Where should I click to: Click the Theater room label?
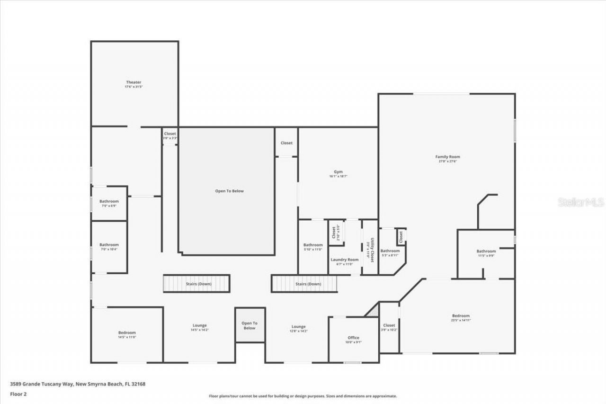click(x=134, y=83)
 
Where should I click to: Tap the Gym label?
click(x=338, y=172)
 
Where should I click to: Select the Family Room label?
click(x=447, y=157)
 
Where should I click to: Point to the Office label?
click(x=353, y=338)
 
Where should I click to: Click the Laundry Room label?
click(x=344, y=260)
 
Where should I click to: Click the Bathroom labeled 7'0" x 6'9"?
click(x=109, y=202)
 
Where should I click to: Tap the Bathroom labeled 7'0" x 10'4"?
click(x=109, y=245)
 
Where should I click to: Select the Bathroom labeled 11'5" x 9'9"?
click(x=486, y=251)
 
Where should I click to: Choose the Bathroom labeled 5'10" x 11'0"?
click(x=313, y=245)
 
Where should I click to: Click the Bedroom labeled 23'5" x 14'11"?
click(x=461, y=316)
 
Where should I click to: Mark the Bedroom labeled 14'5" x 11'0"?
click(x=127, y=333)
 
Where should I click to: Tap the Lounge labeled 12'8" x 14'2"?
click(x=298, y=327)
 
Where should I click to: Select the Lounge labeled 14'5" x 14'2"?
click(x=199, y=326)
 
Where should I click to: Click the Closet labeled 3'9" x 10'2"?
click(x=389, y=326)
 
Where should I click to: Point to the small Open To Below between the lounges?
click(x=250, y=325)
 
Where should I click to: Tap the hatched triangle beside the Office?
click(x=373, y=310)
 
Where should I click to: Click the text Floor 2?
click(x=18, y=394)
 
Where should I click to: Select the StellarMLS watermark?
click(x=580, y=202)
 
